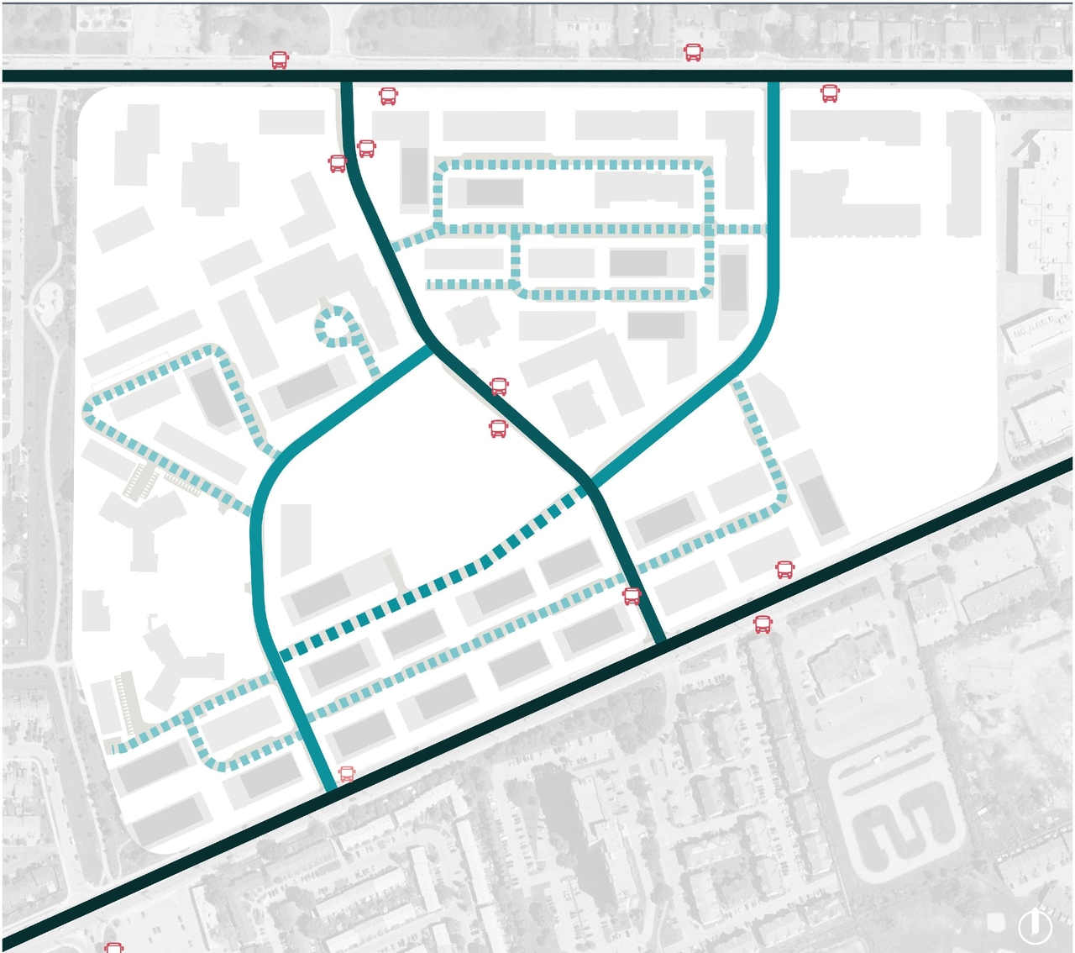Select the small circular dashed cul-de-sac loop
[x=335, y=327]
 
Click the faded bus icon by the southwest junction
[x=347, y=774]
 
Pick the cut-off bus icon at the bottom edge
[x=114, y=947]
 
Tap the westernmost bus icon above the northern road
[x=280, y=60]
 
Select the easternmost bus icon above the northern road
[x=693, y=53]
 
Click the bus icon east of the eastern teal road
[x=830, y=93]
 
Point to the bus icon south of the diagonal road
[x=763, y=624]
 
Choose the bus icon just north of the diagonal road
[x=784, y=570]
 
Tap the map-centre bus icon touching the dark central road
[x=499, y=387]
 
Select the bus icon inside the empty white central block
[x=498, y=429]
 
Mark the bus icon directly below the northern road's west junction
[x=388, y=96]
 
